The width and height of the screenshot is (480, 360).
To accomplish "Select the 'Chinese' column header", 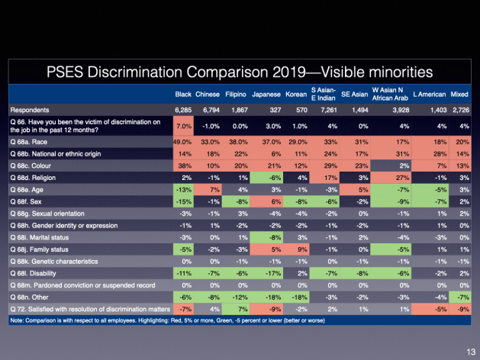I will [x=207, y=95].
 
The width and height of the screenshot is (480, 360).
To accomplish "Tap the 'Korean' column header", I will [x=295, y=95].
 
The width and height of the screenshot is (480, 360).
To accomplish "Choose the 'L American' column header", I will [x=427, y=95].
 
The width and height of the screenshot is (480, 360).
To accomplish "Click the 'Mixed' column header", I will [x=459, y=95].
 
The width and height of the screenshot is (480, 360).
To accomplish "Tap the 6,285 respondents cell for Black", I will [x=183, y=109].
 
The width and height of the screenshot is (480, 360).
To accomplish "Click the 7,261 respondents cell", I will [x=325, y=109].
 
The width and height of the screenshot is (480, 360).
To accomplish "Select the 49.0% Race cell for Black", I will [x=182, y=140].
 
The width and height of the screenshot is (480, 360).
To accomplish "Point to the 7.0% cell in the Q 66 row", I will [x=183, y=125].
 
